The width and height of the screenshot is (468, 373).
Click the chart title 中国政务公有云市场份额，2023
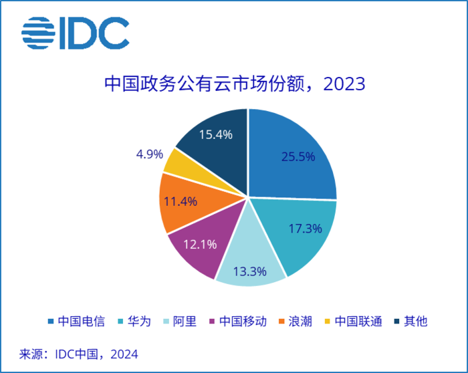[x=234, y=84]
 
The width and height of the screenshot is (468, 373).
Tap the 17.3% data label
[x=304, y=228]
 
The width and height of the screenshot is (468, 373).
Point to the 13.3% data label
[x=250, y=271]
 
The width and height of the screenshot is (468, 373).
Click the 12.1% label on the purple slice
[x=199, y=244]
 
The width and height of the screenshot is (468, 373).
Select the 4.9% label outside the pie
[x=149, y=154]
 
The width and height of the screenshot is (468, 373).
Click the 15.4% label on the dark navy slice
[x=215, y=134]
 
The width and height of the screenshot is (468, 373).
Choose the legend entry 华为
[x=141, y=321]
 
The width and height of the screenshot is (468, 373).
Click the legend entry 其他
[x=416, y=321]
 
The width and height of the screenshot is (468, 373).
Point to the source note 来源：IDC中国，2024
[x=78, y=352]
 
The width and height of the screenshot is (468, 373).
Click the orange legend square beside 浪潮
[x=282, y=322]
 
